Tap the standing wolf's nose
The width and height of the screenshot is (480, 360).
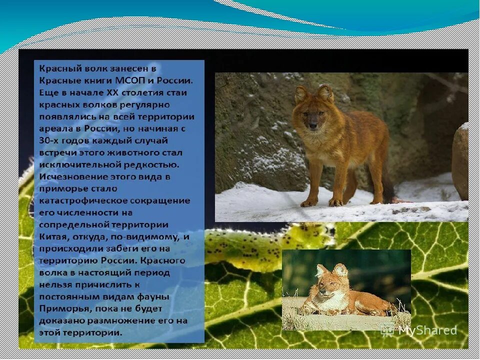(x=313, y=126)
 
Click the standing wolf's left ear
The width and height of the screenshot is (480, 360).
(x=301, y=92)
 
